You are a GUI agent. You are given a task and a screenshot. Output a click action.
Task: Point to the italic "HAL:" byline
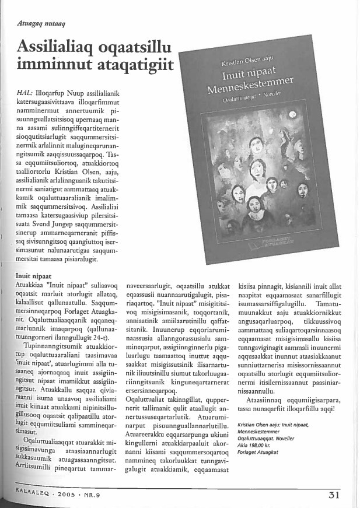click(25, 93)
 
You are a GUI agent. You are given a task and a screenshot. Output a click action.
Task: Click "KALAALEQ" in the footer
click(27, 494)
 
